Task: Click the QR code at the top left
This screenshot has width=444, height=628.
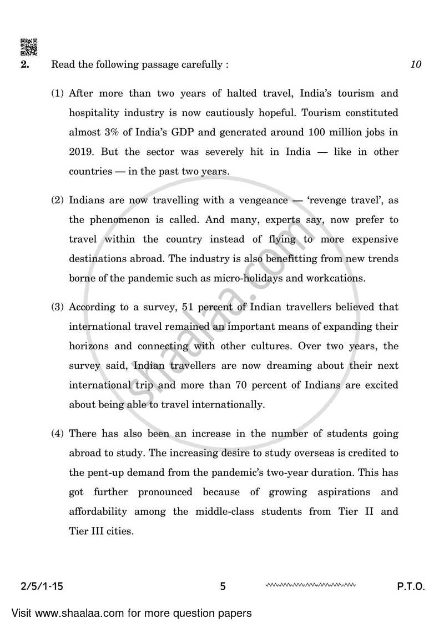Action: point(29,47)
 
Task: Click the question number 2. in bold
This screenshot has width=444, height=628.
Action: point(25,64)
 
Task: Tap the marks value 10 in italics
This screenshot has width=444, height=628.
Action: point(416,64)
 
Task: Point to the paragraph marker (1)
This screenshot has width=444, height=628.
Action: point(58,93)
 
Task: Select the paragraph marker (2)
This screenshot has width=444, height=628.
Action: point(58,200)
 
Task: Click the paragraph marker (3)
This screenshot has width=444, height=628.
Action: point(58,307)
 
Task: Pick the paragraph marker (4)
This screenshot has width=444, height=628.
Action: point(58,434)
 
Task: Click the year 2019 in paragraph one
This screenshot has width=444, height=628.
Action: point(80,152)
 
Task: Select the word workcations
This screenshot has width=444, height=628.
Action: point(337,278)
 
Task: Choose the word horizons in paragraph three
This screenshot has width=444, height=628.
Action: point(89,346)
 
